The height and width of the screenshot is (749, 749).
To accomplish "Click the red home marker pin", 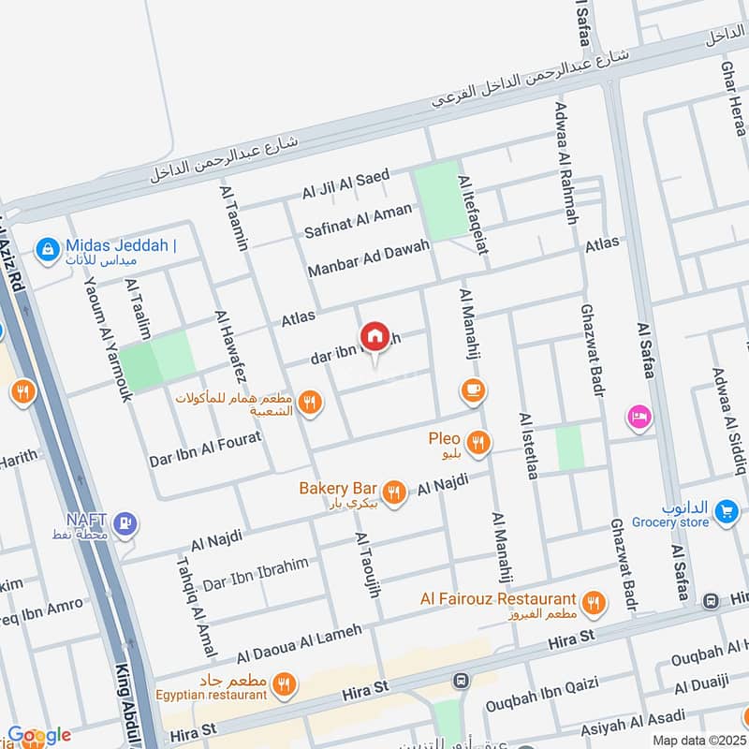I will [x=374, y=336].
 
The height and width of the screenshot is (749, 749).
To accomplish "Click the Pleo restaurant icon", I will [x=478, y=442].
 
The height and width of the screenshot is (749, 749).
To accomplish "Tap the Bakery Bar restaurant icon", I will [x=394, y=492].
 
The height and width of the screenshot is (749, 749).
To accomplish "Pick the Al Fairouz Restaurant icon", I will [x=592, y=603].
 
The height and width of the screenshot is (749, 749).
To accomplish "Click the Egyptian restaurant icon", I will [x=286, y=685].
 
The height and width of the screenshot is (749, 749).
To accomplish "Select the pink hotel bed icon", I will [x=639, y=416].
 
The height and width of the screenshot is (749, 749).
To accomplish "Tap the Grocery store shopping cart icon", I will [x=726, y=510].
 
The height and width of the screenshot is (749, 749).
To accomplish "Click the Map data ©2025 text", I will [x=699, y=740].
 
